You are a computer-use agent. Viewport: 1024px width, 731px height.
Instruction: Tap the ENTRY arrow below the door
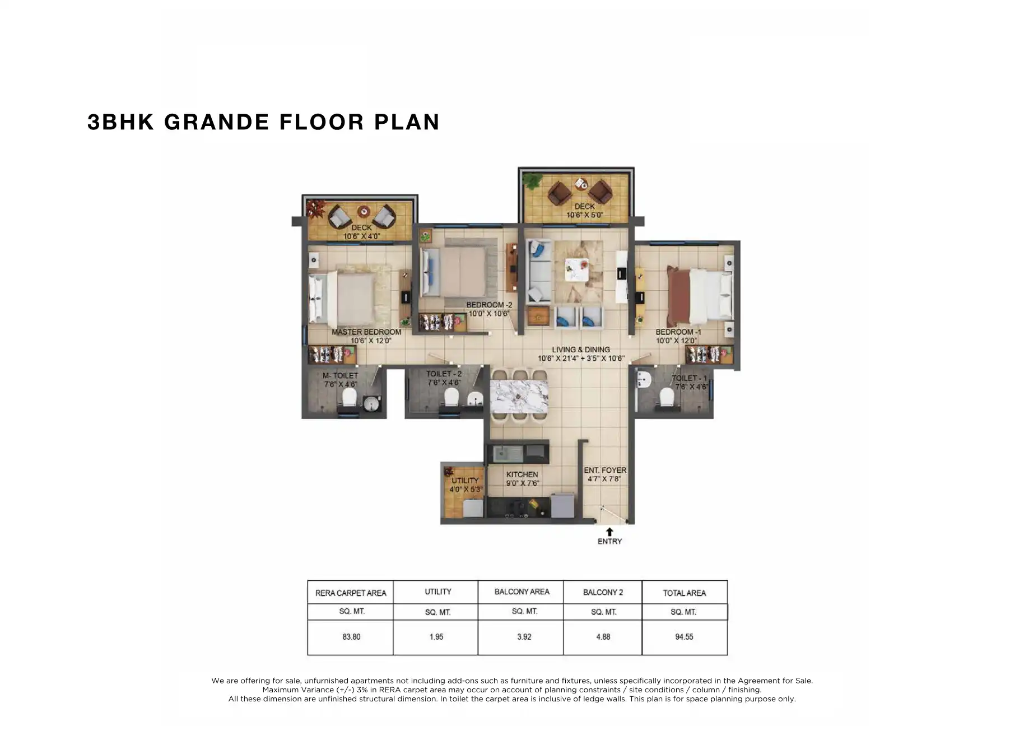(x=609, y=531)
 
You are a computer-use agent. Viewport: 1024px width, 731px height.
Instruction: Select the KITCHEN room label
(x=522, y=474)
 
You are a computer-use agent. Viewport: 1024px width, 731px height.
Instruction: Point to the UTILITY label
(x=465, y=481)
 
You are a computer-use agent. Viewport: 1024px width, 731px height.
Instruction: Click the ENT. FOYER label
(x=605, y=471)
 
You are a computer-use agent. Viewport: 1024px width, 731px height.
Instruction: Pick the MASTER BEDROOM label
(x=366, y=332)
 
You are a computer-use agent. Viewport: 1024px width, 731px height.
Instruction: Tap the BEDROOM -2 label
(x=489, y=305)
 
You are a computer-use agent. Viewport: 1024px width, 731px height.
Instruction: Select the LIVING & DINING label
(x=581, y=350)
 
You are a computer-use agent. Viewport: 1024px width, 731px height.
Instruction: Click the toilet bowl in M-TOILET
(x=349, y=398)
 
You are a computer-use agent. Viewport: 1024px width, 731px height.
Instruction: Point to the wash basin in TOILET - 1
(x=643, y=379)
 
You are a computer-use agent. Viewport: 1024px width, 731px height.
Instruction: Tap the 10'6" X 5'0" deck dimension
(x=584, y=215)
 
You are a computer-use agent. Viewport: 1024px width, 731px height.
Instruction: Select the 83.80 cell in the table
(x=351, y=637)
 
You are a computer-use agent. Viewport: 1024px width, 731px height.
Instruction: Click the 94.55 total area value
(x=684, y=637)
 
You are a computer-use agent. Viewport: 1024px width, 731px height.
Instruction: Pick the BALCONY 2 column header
(x=603, y=592)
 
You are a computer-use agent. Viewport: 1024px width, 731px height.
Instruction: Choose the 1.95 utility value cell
(x=436, y=637)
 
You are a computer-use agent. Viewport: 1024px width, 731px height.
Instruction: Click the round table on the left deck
(x=364, y=212)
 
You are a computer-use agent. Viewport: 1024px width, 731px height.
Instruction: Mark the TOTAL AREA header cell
(x=684, y=593)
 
